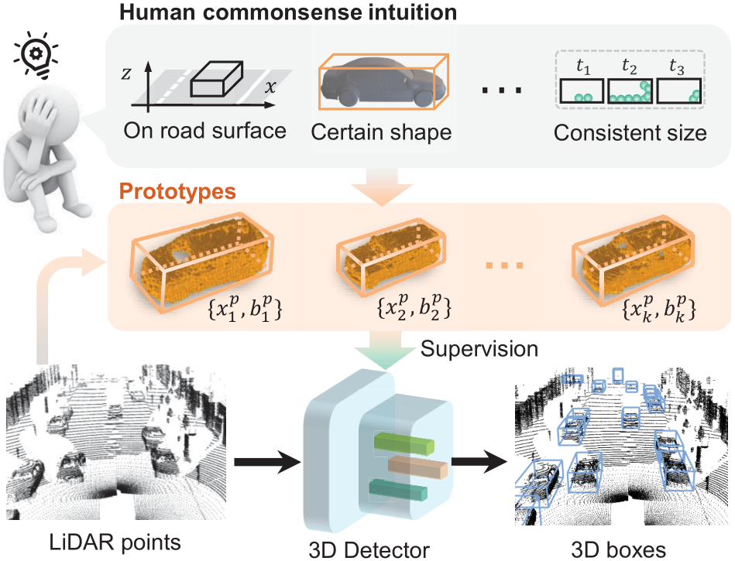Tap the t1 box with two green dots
tap(583, 91)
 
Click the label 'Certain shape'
tap(381, 132)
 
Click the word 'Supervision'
tap(479, 347)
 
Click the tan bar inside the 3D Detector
tap(418, 468)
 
